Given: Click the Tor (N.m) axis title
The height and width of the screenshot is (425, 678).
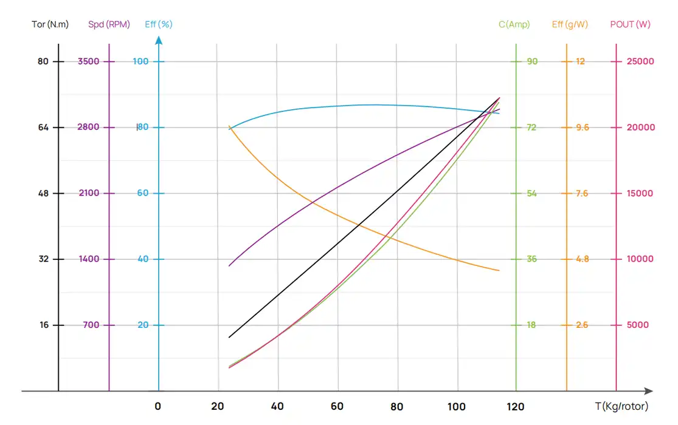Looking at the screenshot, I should [x=50, y=25].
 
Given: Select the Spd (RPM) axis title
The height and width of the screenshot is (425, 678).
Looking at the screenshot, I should [x=109, y=25].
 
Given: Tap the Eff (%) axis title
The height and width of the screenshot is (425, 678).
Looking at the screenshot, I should [x=159, y=25].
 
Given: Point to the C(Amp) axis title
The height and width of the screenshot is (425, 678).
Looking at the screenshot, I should [x=514, y=25].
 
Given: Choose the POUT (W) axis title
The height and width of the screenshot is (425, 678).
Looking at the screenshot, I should [x=630, y=25].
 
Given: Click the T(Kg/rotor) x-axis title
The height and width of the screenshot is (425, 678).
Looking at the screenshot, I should [x=621, y=406].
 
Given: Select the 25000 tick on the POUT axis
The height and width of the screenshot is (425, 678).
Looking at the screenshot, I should [x=640, y=61].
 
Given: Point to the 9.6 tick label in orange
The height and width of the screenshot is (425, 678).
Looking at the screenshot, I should [x=582, y=127].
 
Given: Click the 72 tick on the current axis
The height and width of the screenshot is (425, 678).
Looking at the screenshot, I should [x=531, y=127].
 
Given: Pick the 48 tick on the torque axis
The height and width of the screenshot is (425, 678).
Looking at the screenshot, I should [x=43, y=193].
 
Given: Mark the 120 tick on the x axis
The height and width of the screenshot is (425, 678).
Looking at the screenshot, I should [x=516, y=406].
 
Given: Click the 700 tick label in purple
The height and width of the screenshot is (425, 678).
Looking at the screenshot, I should [x=91, y=325].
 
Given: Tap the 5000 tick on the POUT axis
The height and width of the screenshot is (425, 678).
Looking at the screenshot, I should [x=638, y=325].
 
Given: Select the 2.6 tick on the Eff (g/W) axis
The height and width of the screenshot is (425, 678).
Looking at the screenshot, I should [x=582, y=325].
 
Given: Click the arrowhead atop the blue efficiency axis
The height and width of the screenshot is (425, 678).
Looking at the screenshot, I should [x=159, y=40].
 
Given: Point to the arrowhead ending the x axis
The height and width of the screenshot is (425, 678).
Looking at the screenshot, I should [x=649, y=391].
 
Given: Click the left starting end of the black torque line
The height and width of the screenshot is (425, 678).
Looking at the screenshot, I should [x=229, y=337].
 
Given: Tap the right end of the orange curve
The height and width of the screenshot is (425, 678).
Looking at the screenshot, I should [x=499, y=270].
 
